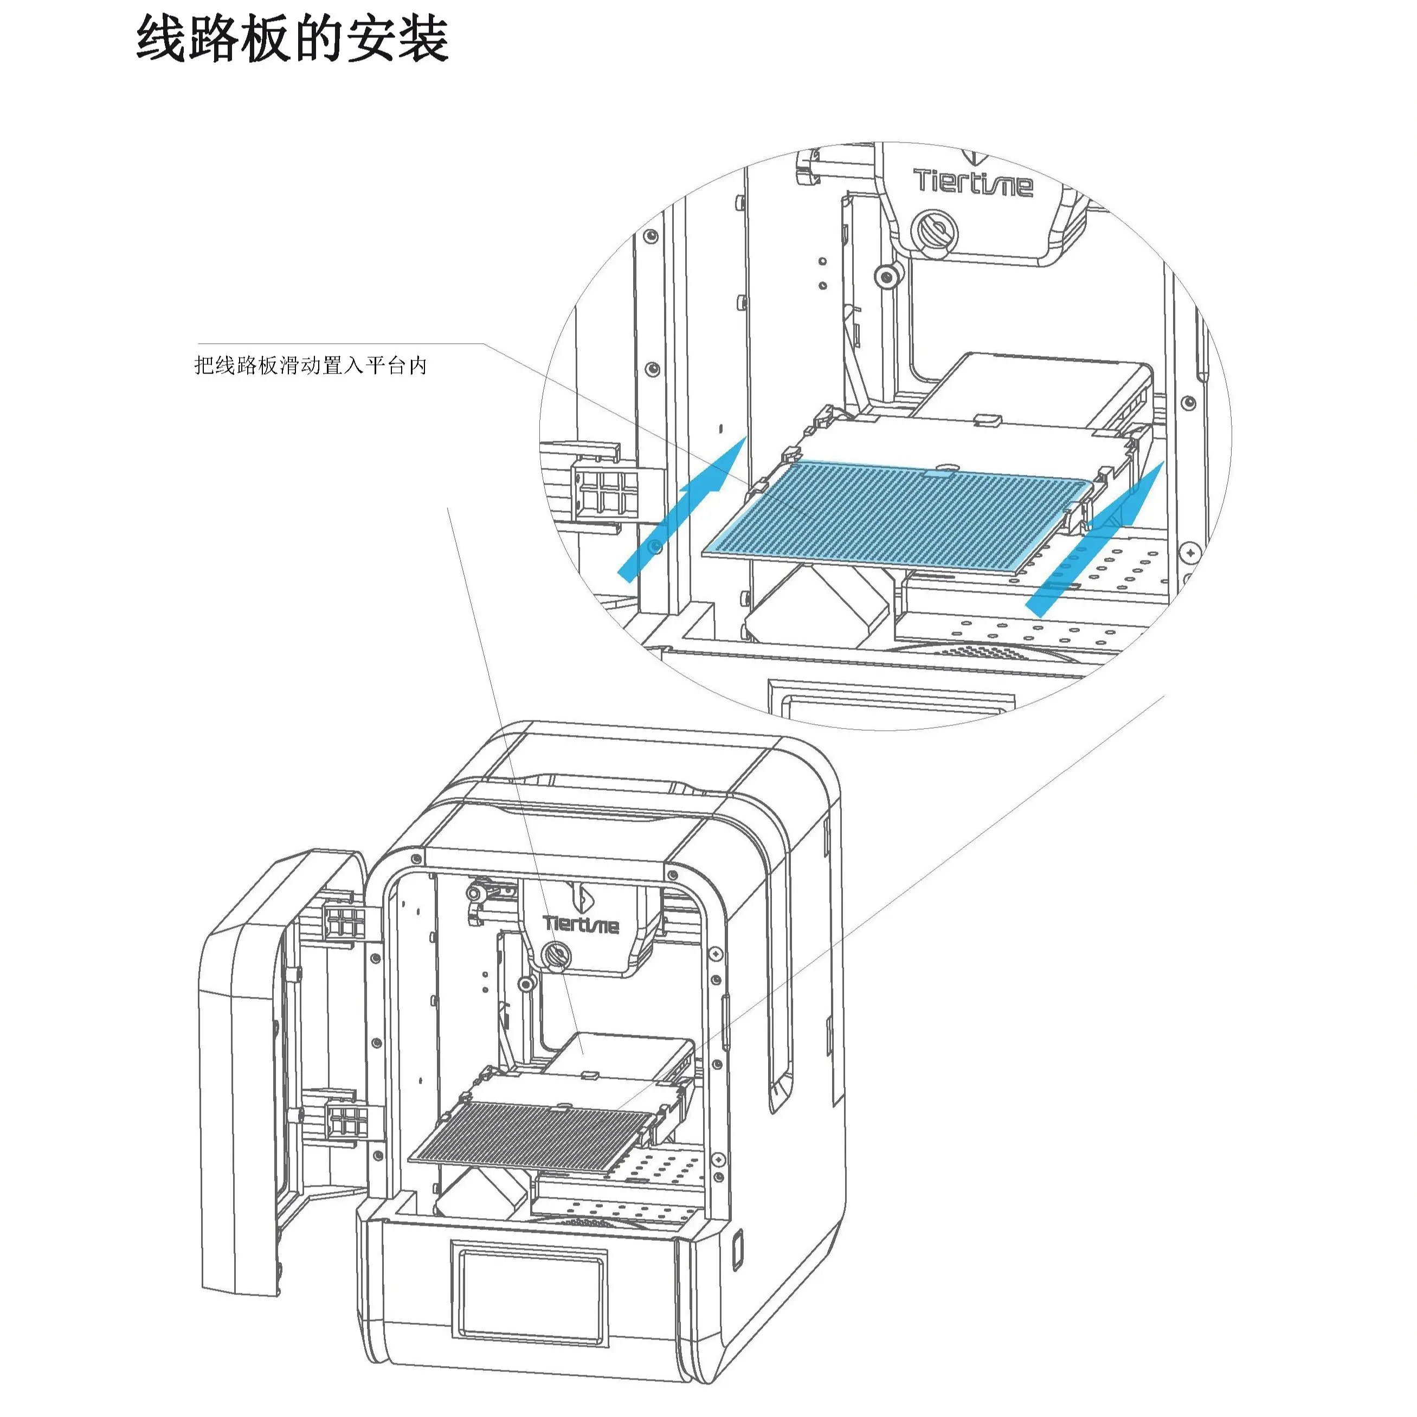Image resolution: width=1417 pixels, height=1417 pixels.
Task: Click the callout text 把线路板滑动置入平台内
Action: click(x=310, y=365)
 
